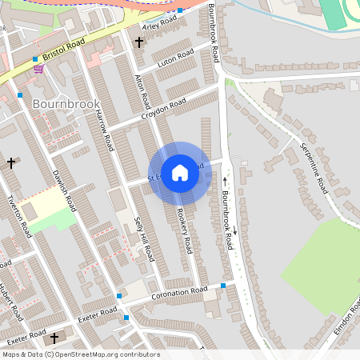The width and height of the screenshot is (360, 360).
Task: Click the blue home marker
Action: point(180,172)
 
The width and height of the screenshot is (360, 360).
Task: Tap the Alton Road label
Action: point(143,92)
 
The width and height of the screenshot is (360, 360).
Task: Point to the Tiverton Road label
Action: point(19,216)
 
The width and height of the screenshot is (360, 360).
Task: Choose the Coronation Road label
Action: point(179,294)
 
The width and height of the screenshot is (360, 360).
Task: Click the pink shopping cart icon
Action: point(38,69)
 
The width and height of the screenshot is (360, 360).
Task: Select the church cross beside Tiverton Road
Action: point(11,162)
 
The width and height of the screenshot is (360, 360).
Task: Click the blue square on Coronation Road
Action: point(223,286)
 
